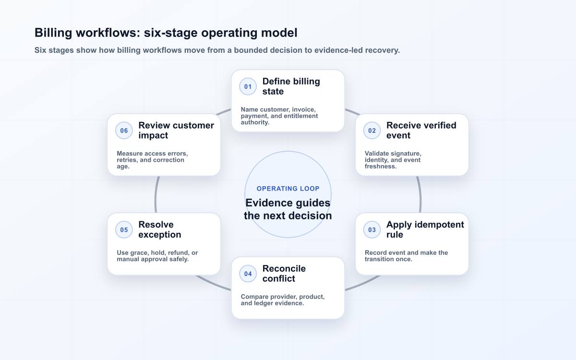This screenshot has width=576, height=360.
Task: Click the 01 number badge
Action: coord(248,86)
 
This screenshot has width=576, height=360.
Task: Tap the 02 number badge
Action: coord(372,131)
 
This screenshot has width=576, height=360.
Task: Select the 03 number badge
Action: coord(372,229)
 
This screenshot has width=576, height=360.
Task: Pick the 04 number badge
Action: coord(248,274)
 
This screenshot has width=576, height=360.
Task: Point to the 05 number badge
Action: coord(124,229)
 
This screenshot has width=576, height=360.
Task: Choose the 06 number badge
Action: coord(124,131)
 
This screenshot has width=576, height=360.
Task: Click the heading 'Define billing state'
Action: coord(291,86)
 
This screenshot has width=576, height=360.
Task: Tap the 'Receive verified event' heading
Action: coord(421,131)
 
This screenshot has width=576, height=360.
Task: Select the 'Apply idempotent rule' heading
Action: coord(425,229)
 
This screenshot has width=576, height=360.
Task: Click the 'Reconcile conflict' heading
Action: coord(284,274)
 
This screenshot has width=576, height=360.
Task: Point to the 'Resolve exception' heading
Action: coord(160,229)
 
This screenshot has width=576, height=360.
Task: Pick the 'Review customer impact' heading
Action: coord(176,131)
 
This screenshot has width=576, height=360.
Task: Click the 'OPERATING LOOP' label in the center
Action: coord(288,189)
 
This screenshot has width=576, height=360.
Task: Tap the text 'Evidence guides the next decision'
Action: coord(288,209)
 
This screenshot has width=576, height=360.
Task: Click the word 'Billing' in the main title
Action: coord(53,33)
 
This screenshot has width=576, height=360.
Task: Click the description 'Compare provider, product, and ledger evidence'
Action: coord(283,300)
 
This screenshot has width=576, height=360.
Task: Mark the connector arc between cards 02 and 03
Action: coord(419,194)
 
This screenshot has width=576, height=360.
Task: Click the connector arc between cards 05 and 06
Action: coord(156,194)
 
